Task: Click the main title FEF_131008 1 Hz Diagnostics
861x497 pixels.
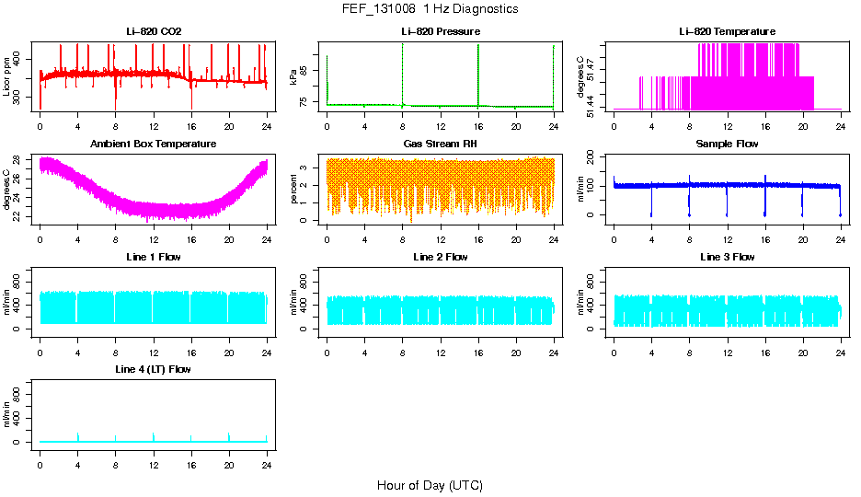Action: [429, 9]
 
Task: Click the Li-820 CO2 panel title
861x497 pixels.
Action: [154, 32]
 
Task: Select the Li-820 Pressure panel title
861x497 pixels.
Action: [440, 32]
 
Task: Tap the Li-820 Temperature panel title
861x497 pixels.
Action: [727, 32]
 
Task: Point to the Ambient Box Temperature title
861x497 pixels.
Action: [154, 144]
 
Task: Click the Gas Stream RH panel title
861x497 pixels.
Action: [440, 144]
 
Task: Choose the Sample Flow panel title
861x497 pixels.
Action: [727, 144]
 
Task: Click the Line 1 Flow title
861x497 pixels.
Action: [154, 257]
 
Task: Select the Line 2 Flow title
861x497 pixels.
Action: [440, 257]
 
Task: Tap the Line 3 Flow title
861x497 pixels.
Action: [727, 257]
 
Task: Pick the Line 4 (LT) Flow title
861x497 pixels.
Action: [154, 369]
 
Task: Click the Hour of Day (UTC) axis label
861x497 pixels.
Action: [429, 485]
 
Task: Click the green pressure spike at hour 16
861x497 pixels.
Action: [478, 74]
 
